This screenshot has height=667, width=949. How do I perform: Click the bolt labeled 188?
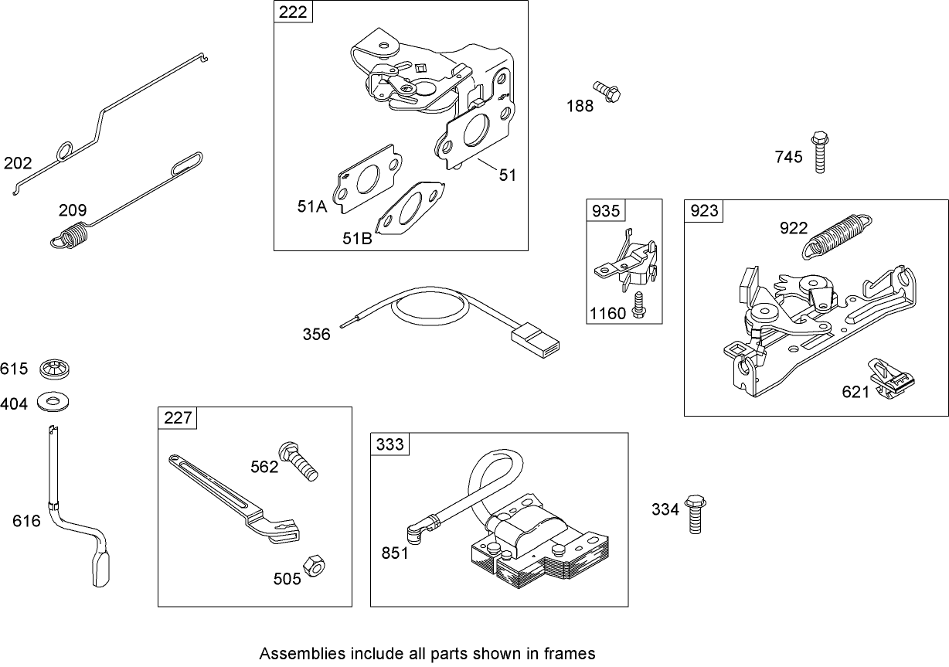[607, 93]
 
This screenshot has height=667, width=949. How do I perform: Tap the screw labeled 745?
[820, 152]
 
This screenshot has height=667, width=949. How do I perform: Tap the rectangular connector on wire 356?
[536, 340]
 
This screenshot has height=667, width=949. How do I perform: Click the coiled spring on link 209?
[72, 234]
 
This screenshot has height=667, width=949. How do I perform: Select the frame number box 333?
[389, 444]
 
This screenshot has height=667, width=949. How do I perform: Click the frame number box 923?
[703, 211]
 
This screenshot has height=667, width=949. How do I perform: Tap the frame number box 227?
[177, 418]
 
